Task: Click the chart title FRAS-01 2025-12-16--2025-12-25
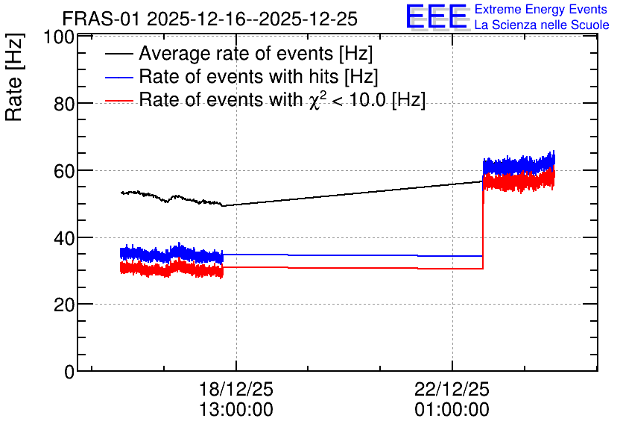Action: tap(210, 19)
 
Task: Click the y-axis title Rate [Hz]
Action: tap(14, 77)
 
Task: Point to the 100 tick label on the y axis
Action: tap(59, 37)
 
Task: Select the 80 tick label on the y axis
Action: tap(64, 105)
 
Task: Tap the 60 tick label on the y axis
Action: tap(64, 171)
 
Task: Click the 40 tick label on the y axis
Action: tap(64, 238)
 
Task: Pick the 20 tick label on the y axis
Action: tap(64, 305)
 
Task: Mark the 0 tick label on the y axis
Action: tap(69, 372)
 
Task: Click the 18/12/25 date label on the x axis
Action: tap(236, 389)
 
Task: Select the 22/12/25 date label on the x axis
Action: tap(452, 389)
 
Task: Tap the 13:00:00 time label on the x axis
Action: tap(236, 410)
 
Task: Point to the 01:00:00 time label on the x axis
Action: tap(452, 410)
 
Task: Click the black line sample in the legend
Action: tap(119, 54)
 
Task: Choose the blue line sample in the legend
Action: tap(119, 77)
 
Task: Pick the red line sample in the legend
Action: tap(119, 101)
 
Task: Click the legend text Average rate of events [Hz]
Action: tap(256, 53)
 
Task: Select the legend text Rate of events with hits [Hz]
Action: tap(259, 76)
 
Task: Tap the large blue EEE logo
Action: tap(437, 16)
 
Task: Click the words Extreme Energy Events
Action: tap(541, 9)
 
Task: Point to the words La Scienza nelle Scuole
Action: tap(542, 25)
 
